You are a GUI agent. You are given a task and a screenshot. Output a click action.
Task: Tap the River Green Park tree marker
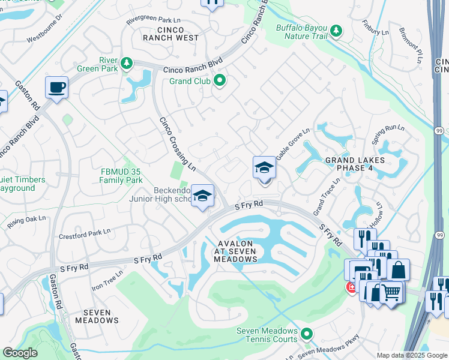point(126,64)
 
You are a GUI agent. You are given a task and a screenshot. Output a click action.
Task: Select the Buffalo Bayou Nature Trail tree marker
point(336,31)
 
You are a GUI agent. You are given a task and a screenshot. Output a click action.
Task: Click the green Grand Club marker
point(220,80)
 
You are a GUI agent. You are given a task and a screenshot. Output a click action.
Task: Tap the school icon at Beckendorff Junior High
point(203,196)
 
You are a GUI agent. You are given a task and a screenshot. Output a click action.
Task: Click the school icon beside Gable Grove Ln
point(264,168)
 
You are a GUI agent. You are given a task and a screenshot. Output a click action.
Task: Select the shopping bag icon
point(398,270)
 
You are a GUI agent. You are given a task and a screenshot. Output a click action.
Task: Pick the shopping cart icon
point(391,293)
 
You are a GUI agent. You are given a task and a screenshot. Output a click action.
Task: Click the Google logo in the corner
point(20,353)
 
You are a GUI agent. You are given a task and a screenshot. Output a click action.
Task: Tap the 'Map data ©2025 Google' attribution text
point(412,355)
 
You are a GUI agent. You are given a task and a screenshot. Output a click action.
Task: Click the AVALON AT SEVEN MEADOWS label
point(236,251)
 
